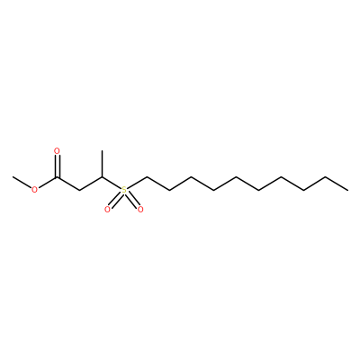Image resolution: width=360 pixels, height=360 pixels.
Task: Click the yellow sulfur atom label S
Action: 124,190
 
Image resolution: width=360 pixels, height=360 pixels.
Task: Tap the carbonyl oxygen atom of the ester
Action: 57,151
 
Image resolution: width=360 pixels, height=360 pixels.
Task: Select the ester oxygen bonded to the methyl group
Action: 35,190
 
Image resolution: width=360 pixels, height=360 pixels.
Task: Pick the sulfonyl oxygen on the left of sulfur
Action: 107,210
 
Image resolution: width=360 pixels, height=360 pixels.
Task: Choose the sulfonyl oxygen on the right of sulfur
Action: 140,210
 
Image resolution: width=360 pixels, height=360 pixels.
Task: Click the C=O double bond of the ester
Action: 57,166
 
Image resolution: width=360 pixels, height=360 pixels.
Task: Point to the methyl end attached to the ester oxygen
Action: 13,177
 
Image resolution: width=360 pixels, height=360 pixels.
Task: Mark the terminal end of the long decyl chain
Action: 348,190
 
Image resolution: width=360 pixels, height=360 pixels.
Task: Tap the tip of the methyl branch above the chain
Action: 102,150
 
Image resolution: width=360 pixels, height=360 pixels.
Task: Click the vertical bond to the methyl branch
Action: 102,164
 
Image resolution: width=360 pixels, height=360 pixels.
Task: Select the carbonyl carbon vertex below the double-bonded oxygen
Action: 57,177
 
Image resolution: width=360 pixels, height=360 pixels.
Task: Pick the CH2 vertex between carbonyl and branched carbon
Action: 79,190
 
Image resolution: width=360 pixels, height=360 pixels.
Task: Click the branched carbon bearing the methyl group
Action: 102,177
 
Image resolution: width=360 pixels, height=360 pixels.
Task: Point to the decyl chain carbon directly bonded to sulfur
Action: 147,177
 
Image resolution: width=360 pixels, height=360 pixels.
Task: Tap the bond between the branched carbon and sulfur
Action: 112,183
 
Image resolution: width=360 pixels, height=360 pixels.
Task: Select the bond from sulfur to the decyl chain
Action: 137,183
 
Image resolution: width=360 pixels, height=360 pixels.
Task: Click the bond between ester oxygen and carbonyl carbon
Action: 48,183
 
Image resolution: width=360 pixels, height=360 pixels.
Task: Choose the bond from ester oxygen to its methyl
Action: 22,183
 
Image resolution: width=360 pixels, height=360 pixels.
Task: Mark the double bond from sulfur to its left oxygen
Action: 115,200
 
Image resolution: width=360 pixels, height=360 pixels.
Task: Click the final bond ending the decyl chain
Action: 337,184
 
